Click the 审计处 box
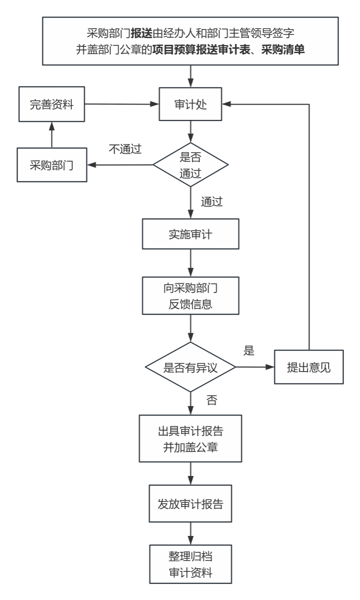point(190,104)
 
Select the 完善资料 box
point(51,104)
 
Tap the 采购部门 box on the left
point(51,165)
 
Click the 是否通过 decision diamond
point(190,165)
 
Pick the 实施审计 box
point(190,234)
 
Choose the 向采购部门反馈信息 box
point(190,296)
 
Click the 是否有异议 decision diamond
point(190,367)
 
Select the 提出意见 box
point(309,367)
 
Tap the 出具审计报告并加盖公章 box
point(190,438)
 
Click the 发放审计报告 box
point(190,504)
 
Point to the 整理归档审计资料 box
point(190,564)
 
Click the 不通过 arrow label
point(125,149)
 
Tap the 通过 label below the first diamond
point(212,202)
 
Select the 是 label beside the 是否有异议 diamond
point(249,351)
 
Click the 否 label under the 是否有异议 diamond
point(212,400)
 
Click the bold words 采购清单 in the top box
point(283,50)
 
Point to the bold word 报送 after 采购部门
point(141,33)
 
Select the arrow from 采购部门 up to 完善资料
point(51,135)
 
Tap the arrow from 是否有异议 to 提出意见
point(255,367)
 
